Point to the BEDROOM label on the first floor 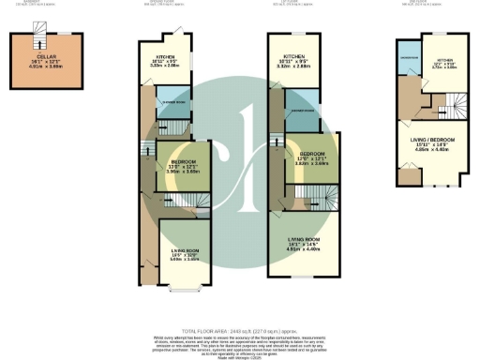[x=311, y=154]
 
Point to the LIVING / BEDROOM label [x=431, y=141]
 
